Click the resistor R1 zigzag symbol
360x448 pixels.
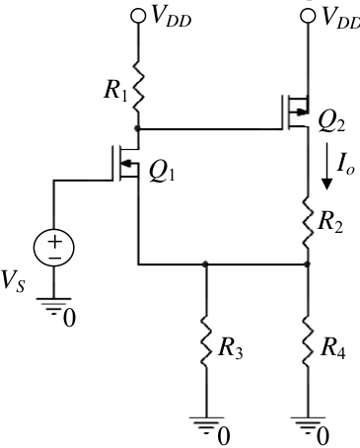138,86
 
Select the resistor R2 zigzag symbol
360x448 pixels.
308,223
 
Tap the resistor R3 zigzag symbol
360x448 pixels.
206,341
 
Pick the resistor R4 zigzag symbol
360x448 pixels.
308,341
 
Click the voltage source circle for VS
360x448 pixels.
54,248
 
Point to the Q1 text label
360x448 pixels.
162,173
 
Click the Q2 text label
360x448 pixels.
331,123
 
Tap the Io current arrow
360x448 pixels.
326,166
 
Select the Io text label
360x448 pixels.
345,166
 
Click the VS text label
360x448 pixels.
13,281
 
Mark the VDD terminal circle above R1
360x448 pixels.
138,16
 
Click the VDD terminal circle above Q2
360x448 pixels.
308,16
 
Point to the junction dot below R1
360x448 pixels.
138,128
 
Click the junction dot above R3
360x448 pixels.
206,263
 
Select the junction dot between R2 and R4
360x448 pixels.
308,263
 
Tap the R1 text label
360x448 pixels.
115,91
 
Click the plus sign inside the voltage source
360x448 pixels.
55,242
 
